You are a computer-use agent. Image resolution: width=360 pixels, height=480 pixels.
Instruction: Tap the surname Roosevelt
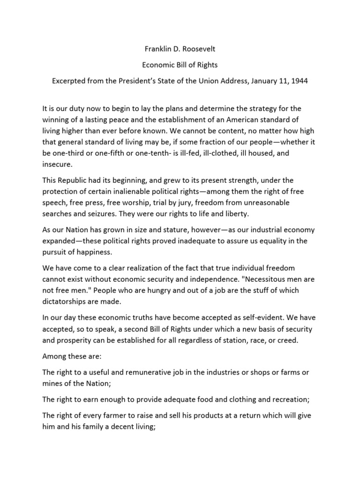tap(198, 48)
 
